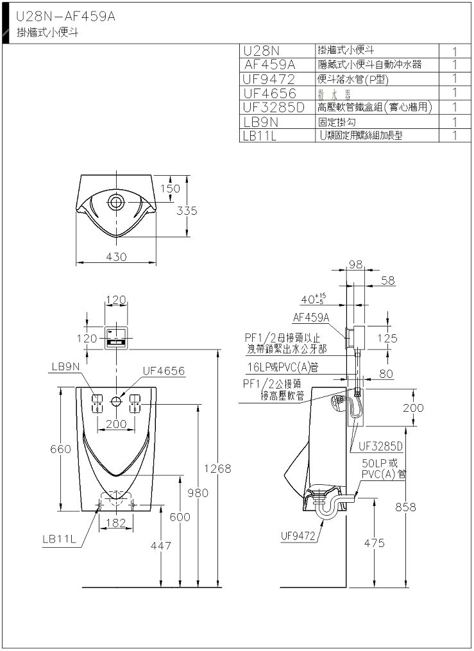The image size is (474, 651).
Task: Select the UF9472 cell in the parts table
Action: click(269, 79)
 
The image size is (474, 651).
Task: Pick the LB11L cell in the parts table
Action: click(260, 135)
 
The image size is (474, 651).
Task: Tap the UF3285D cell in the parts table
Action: click(274, 107)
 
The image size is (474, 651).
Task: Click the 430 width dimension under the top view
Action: click(116, 257)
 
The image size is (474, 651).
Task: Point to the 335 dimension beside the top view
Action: click(187, 211)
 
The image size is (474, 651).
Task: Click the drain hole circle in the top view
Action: click(116, 201)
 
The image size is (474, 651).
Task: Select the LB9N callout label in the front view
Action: click(66, 366)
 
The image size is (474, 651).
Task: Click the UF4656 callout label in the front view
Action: click(163, 370)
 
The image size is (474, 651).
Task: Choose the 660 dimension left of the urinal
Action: click(60, 450)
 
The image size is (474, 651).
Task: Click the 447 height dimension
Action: click(160, 545)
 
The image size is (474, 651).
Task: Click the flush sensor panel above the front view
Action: click(116, 339)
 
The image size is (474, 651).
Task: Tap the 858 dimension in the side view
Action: click(405, 507)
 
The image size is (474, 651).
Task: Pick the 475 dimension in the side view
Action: click(374, 543)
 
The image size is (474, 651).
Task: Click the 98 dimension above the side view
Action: click(357, 264)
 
